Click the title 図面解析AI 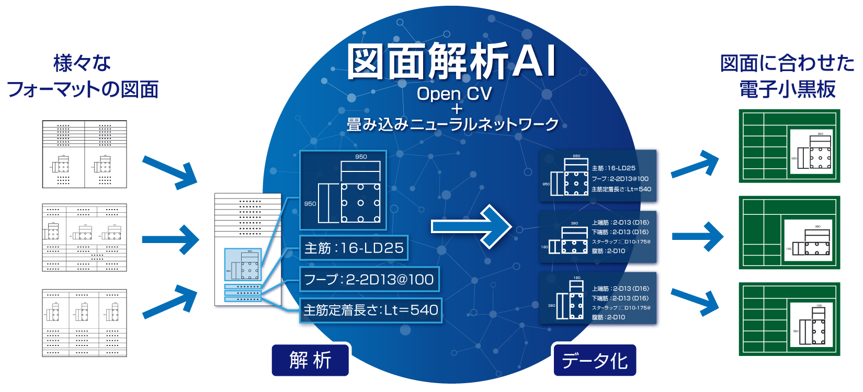click(451, 62)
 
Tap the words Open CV click(454, 94)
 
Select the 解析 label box click(310, 360)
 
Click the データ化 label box click(595, 360)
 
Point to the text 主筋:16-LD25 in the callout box click(354, 248)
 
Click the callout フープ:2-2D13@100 click(369, 279)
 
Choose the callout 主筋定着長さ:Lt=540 click(371, 310)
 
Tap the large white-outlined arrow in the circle click(471, 226)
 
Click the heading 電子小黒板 click(787, 89)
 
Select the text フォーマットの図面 click(83, 89)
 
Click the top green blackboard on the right click(789, 146)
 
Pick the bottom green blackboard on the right click(789, 319)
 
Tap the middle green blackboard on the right click(789, 233)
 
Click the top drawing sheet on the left click(84, 154)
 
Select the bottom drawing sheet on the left click(84, 323)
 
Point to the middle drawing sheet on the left click(84, 238)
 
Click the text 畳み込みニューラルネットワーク click(452, 124)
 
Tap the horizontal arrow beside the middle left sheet click(171, 240)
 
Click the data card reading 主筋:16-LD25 click(598, 176)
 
